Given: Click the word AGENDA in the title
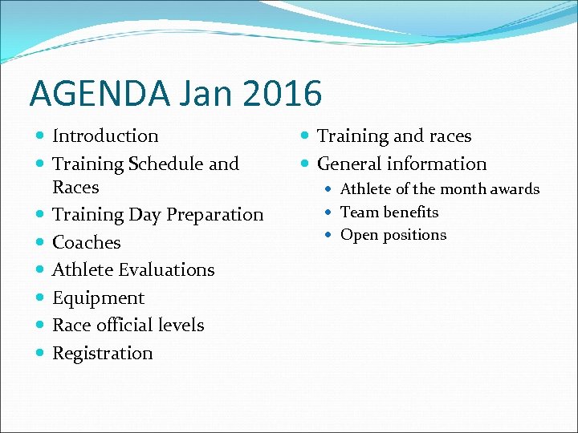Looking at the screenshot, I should tap(98, 94).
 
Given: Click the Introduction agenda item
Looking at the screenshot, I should tap(105, 136).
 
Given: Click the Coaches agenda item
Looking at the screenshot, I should tap(86, 243).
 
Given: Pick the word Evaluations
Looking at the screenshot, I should tap(169, 270).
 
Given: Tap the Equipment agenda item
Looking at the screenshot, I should tap(98, 298).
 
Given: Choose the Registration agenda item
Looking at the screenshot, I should tap(102, 354).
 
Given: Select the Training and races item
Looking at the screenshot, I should tap(394, 136).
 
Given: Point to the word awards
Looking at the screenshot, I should tap(515, 190).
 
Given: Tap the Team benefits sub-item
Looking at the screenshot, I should tap(389, 212).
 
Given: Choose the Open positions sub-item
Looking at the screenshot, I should tap(393, 235).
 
